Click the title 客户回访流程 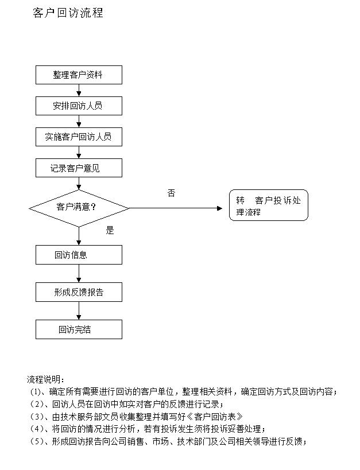(x=68, y=13)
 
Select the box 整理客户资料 (x=79, y=75)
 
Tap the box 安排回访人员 (x=79, y=106)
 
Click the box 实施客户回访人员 (x=79, y=137)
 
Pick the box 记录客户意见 (x=79, y=168)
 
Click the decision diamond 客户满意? (x=79, y=208)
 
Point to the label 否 (x=171, y=193)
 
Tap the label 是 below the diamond (x=110, y=230)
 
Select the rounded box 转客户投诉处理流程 (x=269, y=205)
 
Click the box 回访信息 (x=79, y=255)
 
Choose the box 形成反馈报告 (x=79, y=292)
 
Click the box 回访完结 (x=79, y=329)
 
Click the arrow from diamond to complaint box (x=176, y=208)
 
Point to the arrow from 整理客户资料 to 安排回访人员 (x=79, y=90)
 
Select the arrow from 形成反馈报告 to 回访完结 (x=79, y=310)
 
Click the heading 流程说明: (x=45, y=379)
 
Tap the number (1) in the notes (x=36, y=392)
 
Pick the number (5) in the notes (x=37, y=441)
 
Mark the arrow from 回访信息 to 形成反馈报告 (x=79, y=273)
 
